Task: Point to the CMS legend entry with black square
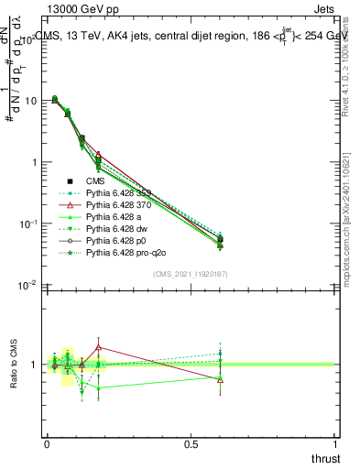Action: [x=96, y=181]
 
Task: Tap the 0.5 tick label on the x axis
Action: [x=191, y=443]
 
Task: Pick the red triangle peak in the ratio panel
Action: [x=99, y=347]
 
